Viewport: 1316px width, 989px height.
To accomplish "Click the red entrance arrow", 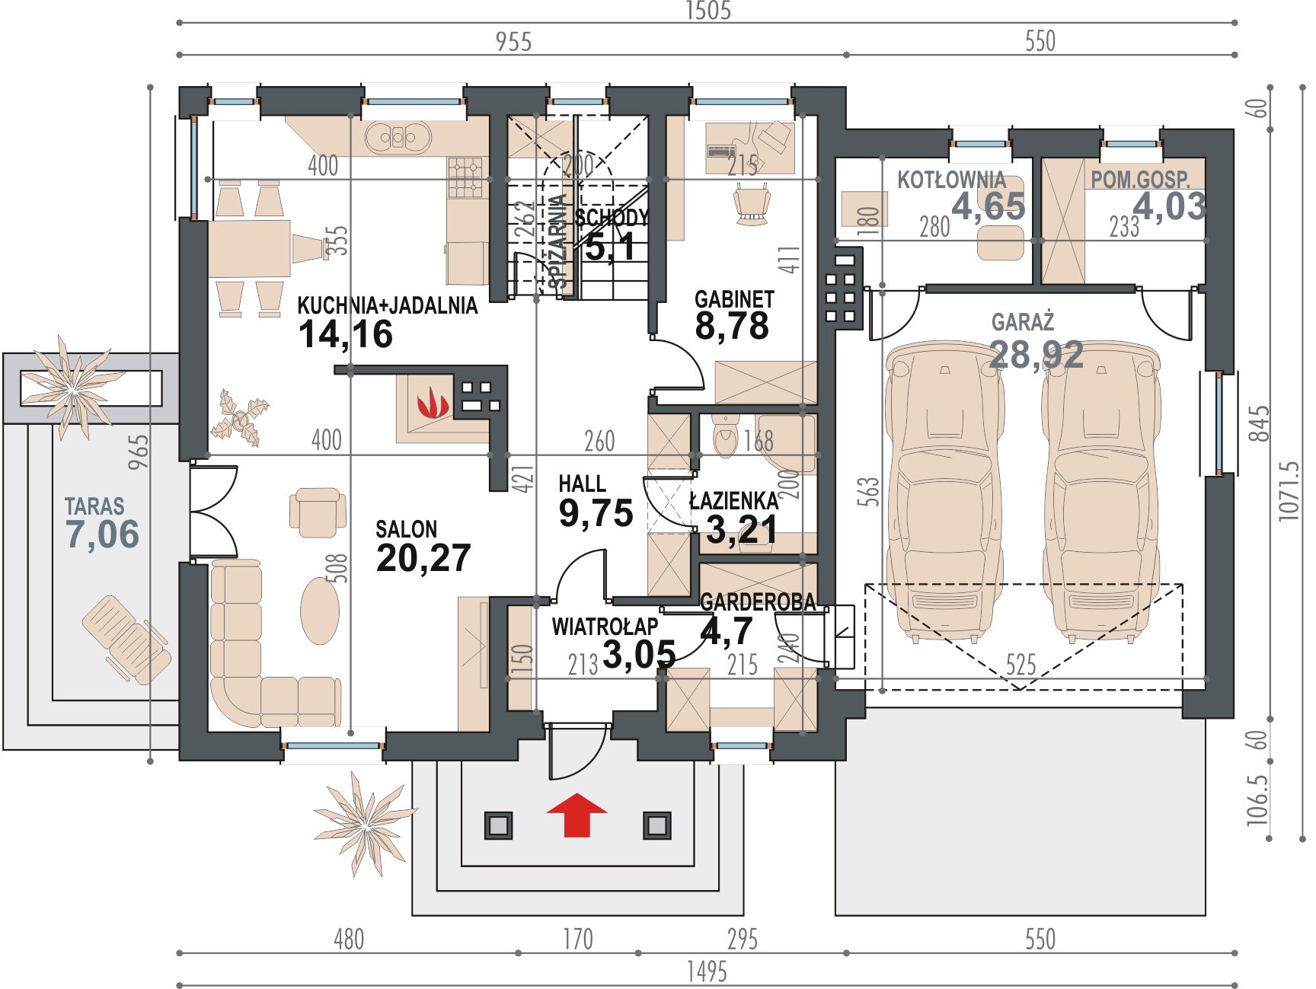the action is click(x=577, y=815).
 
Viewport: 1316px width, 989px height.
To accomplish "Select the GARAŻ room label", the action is click(x=1023, y=321).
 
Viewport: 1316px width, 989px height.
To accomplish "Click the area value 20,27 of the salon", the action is click(x=423, y=558).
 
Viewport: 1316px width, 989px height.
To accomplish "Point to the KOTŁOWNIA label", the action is click(x=951, y=180).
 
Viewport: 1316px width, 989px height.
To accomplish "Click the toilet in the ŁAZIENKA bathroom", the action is click(x=726, y=436).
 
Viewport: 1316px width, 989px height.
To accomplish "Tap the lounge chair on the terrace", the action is click(x=126, y=638).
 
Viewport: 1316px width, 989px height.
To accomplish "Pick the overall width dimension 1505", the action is click(x=708, y=11).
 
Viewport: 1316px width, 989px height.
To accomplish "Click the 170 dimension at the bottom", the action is click(x=577, y=939).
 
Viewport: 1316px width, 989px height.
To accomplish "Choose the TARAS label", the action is click(x=94, y=506).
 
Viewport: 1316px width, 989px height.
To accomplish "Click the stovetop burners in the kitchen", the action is click(x=467, y=177).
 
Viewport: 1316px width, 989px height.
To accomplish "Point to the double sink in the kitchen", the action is click(x=398, y=139).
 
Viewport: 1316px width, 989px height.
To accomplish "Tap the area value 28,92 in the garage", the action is click(x=1036, y=355).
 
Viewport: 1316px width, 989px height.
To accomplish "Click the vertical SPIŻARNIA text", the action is click(x=558, y=241).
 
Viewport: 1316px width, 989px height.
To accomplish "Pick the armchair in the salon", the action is click(x=317, y=508).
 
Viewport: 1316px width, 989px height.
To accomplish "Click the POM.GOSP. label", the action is click(x=1140, y=180).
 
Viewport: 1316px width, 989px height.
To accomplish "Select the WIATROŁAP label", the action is click(x=605, y=627).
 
